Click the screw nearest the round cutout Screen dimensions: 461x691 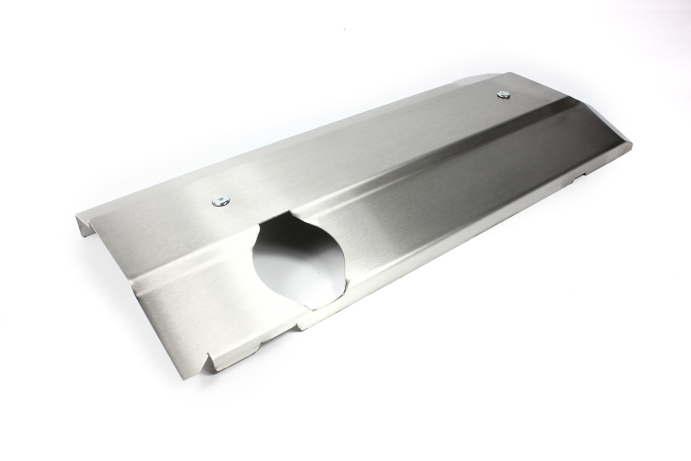[221, 201]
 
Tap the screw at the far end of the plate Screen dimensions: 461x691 [504, 95]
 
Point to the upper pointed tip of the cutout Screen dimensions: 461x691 [292, 212]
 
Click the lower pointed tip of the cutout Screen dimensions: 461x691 [310, 309]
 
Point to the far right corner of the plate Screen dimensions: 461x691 [631, 144]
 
